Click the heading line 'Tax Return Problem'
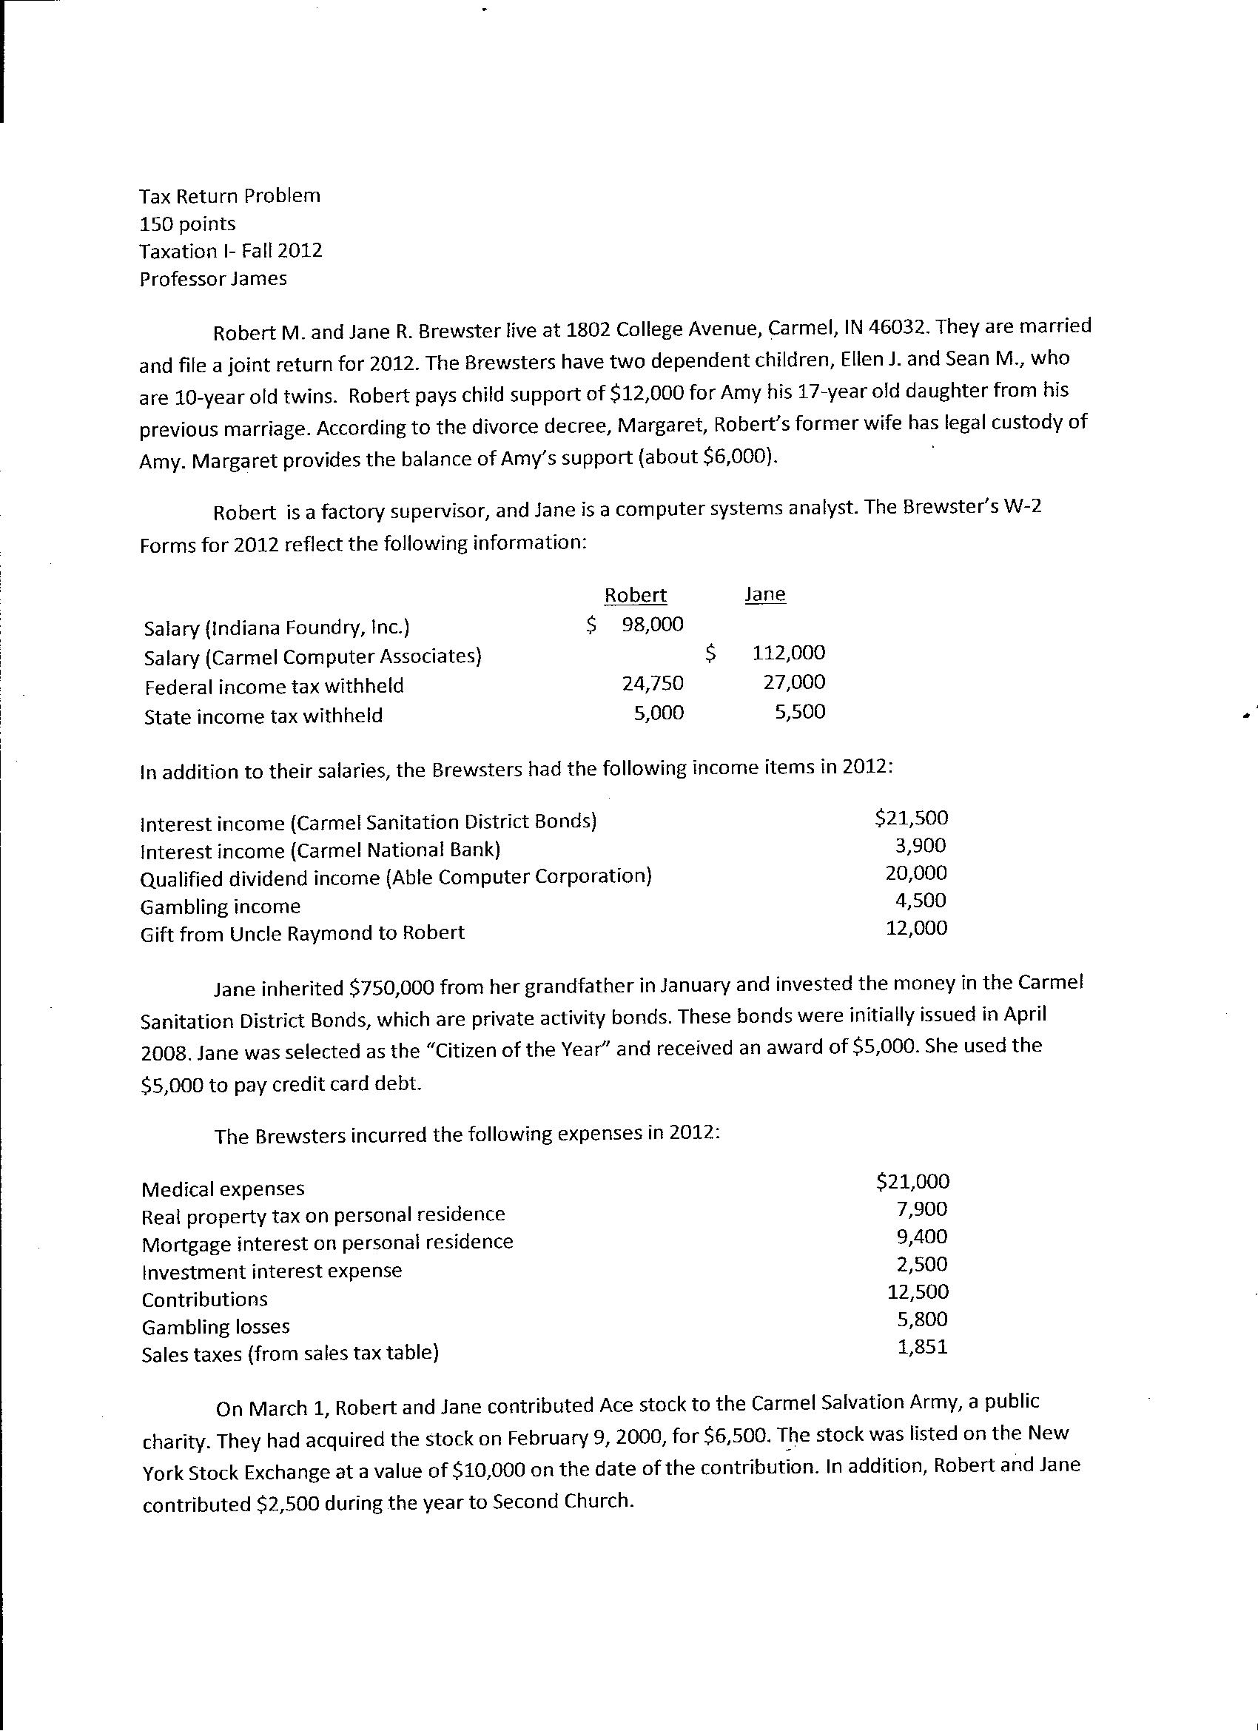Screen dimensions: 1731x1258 point(229,196)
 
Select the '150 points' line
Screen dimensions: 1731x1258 point(188,223)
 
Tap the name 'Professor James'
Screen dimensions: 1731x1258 point(213,278)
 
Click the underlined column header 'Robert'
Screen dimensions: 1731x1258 point(635,595)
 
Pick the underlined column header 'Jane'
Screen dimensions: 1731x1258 point(765,594)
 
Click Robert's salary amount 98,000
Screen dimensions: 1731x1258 point(653,625)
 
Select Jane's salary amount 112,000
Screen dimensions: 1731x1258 point(789,653)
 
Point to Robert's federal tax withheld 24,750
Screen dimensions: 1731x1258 point(653,683)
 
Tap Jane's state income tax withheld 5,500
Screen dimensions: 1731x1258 point(800,711)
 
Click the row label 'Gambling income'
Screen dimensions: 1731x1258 point(221,907)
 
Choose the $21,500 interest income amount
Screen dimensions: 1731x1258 point(912,819)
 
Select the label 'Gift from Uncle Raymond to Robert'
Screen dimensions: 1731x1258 point(302,933)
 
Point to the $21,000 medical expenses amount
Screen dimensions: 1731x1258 point(913,1181)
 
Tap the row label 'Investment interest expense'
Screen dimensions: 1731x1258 point(272,1271)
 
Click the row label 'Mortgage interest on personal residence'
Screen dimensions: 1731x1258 point(328,1243)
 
